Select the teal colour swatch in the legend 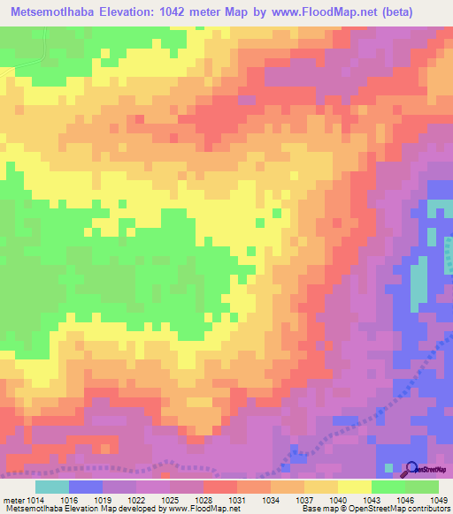(x=52, y=487)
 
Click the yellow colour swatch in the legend (x=355, y=487)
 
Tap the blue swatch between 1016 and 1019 (x=86, y=487)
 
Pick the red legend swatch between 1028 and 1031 (x=220, y=487)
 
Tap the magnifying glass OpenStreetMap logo (x=410, y=469)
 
